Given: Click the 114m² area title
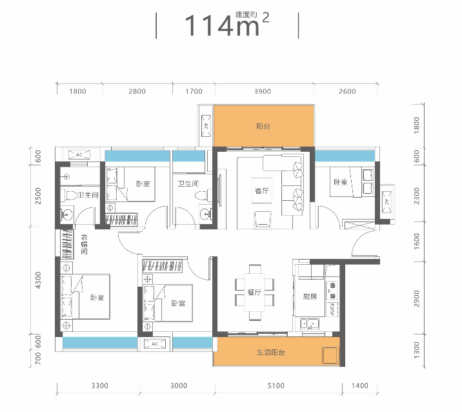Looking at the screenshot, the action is pos(227,25).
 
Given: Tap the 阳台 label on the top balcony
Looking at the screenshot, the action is pos(263,127).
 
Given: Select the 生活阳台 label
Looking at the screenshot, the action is pos(271,352).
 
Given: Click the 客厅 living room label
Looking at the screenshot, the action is pos(262,191).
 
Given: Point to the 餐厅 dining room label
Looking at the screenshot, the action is pos(255,293).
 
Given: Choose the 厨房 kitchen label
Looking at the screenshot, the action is pos(310,296).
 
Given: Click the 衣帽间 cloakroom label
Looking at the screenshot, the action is pos(84,245).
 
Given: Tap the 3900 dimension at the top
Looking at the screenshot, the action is pos(262,91).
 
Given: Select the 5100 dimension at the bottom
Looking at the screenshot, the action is pos(276,386).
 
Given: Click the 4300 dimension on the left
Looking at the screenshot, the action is pos(38,280).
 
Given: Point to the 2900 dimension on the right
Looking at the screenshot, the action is pos(416,298).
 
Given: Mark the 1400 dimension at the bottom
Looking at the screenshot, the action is pos(360,386).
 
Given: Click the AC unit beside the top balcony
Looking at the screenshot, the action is pos(206,126).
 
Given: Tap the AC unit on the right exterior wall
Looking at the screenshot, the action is pos(387,202).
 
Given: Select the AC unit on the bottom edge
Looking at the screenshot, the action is pos(155,344).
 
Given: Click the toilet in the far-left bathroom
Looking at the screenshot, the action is pos(69,195).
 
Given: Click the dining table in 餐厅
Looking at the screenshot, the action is pos(255,293).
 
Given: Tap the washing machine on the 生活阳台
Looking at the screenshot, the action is pos(330,355).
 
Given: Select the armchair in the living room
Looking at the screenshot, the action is pos(263,220).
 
